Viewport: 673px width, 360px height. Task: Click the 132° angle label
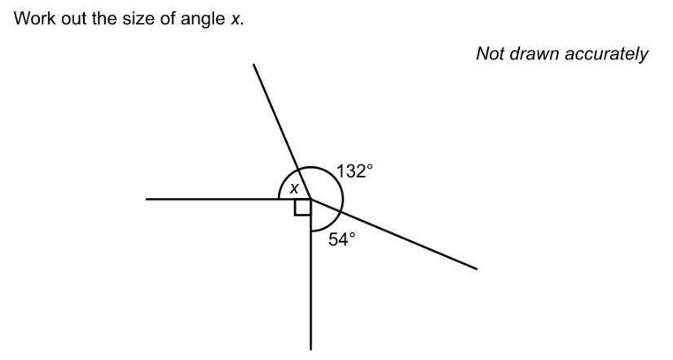[x=355, y=172]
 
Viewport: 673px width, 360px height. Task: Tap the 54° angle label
[x=342, y=239]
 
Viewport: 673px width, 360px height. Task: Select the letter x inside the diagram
[x=295, y=189]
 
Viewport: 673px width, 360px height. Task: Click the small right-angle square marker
[x=302, y=207]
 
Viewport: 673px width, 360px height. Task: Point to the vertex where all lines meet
[x=310, y=199]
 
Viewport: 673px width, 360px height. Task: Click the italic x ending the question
[x=236, y=18]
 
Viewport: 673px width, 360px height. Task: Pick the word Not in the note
[x=490, y=55]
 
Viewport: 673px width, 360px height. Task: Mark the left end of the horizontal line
[x=147, y=199]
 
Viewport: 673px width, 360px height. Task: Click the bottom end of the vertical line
[x=310, y=349]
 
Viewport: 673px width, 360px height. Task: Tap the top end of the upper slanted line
[x=254, y=65]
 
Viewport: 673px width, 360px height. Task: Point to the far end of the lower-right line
[x=476, y=268]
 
